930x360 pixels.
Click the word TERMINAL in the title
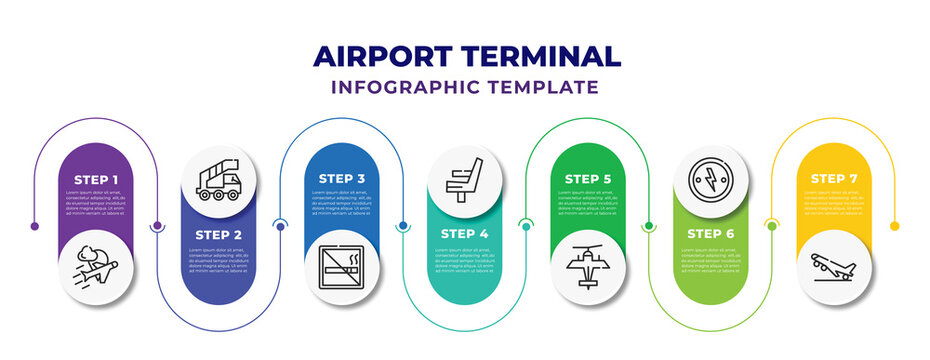point(546,56)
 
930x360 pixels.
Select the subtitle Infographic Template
point(465,87)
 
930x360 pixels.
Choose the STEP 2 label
point(219,235)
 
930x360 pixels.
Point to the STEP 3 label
point(342,178)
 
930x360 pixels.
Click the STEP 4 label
point(465,235)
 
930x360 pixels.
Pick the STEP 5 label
point(588,178)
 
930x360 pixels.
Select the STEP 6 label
point(712,235)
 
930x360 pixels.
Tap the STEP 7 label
point(834,178)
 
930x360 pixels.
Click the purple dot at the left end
point(35,226)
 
